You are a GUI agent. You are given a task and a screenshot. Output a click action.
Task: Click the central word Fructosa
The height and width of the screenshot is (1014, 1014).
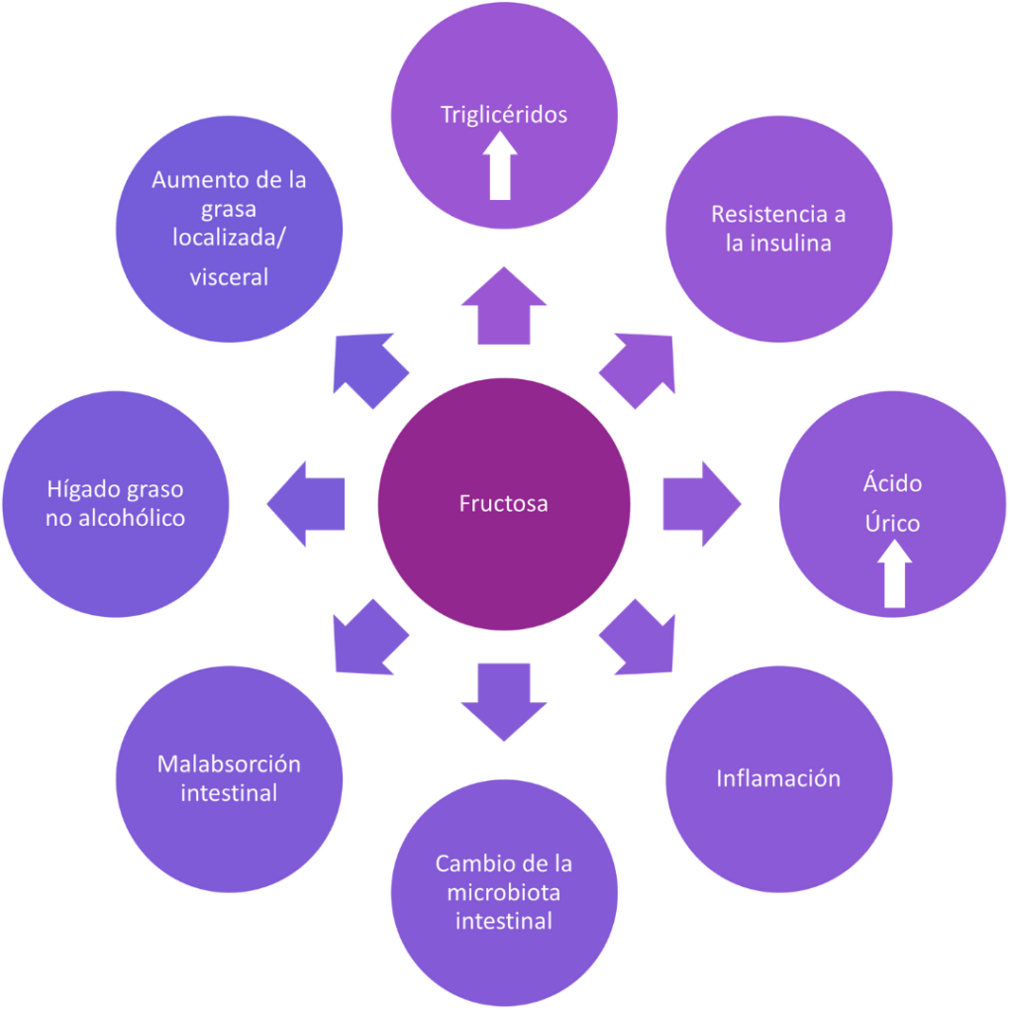[503, 504]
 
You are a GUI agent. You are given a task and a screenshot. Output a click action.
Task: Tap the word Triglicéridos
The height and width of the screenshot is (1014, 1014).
[503, 115]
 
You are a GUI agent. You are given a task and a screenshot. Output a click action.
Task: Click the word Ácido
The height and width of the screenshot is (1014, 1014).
[892, 484]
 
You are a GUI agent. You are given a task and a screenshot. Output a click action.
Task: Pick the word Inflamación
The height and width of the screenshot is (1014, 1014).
[778, 778]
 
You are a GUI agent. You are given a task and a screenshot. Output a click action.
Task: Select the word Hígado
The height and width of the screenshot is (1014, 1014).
[80, 489]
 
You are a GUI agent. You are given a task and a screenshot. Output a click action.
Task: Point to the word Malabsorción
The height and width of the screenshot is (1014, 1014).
[229, 764]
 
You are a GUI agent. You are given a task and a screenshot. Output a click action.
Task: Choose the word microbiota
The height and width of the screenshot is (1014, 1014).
[503, 892]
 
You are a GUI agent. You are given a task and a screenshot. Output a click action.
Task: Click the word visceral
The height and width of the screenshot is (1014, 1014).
[229, 277]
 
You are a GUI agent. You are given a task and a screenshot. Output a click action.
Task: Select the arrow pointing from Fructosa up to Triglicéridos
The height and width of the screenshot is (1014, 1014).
[504, 307]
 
